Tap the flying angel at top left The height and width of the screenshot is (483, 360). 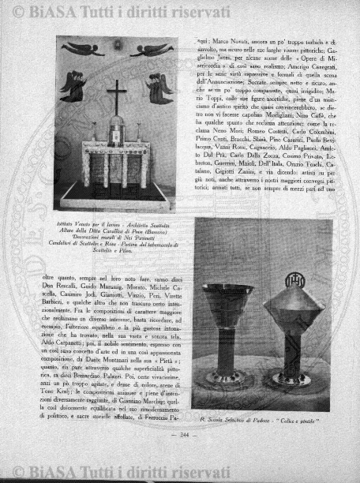coord(83,50)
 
